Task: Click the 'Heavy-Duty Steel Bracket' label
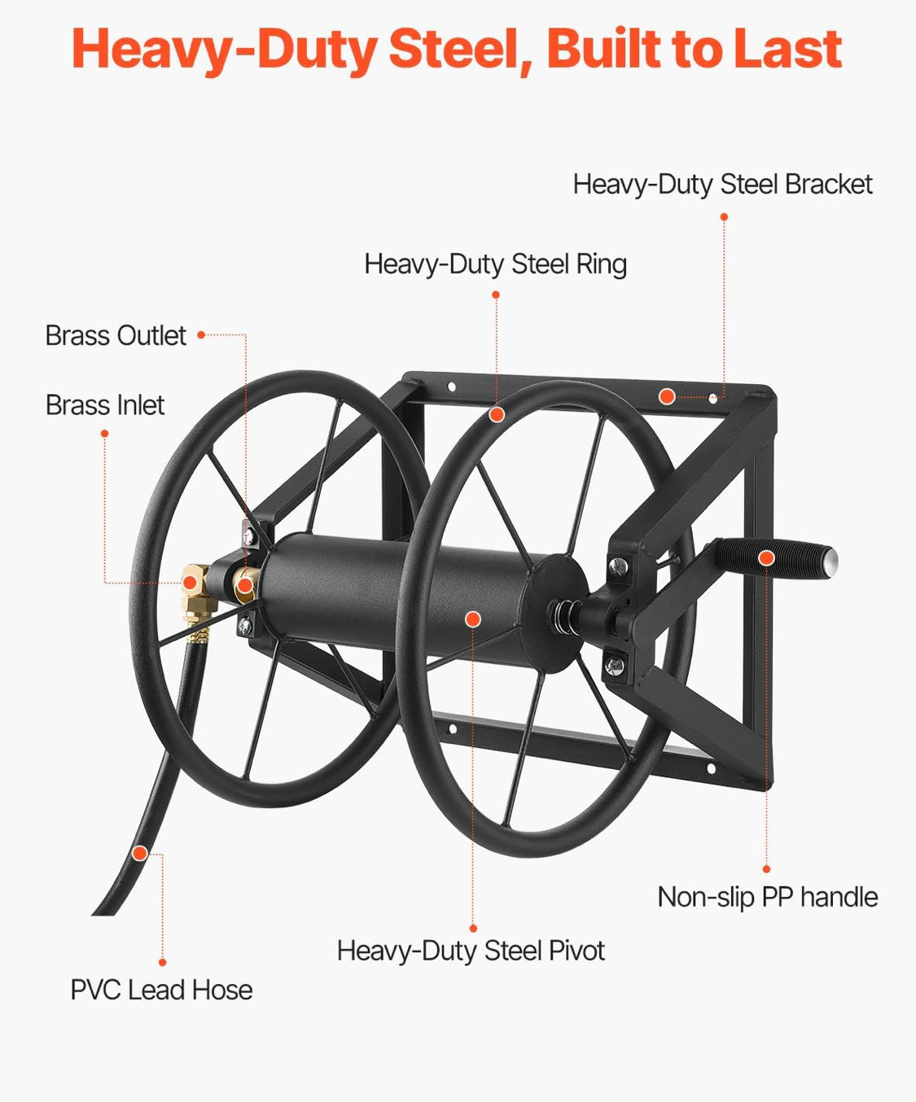(x=722, y=185)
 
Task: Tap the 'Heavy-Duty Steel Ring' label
(x=496, y=264)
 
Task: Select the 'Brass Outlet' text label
(x=116, y=335)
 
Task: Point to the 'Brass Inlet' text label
(x=105, y=405)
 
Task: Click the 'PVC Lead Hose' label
(x=161, y=990)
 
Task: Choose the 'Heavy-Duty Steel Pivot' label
(x=471, y=951)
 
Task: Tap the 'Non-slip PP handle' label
(x=768, y=897)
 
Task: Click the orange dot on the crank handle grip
(x=766, y=558)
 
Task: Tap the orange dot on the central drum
(x=473, y=619)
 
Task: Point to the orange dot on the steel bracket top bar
(x=667, y=396)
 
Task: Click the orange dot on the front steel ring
(x=497, y=415)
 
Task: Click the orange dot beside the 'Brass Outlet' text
(x=201, y=335)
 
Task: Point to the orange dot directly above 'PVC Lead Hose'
(x=163, y=963)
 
